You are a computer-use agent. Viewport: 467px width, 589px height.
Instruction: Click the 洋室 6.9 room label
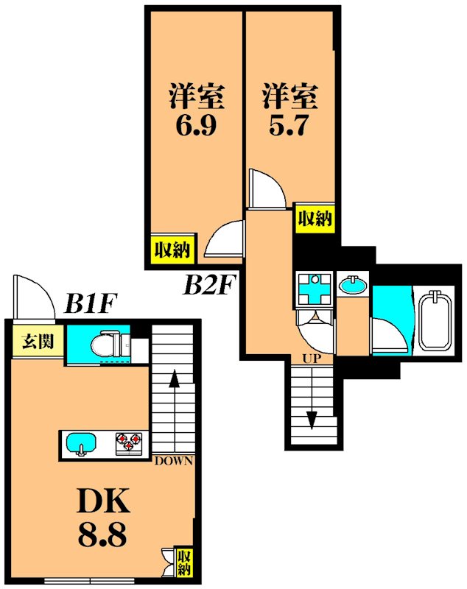coord(195,110)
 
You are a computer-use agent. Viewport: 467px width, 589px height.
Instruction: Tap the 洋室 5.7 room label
coord(289,110)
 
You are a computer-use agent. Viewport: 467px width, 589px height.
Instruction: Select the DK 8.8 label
coord(104,519)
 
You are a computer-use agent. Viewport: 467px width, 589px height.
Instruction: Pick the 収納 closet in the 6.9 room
coord(172,250)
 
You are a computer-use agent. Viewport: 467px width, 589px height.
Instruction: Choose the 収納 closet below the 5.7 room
coord(315,218)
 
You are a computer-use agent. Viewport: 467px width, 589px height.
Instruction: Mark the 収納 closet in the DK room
coord(184,562)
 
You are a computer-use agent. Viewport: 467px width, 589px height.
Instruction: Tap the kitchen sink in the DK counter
coord(80,444)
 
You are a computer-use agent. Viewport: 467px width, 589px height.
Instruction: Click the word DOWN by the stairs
coord(174,462)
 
